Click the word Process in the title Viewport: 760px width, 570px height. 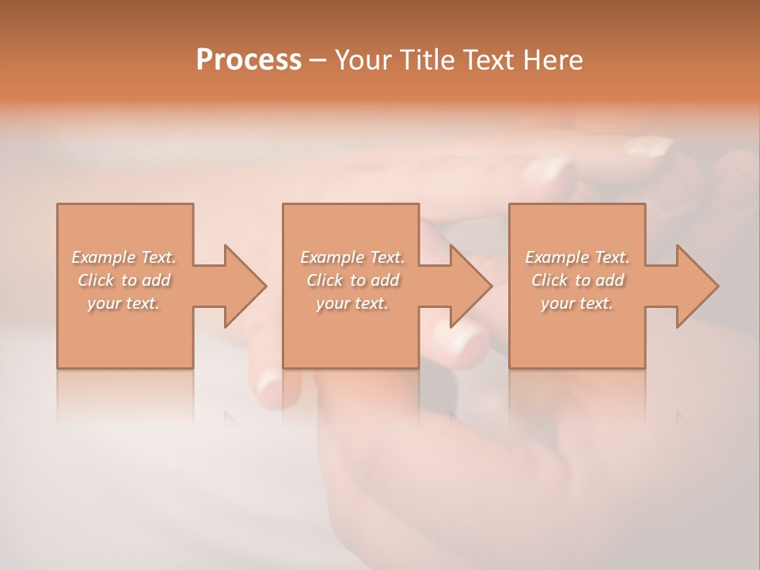[249, 60]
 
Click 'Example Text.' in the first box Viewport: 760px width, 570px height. [124, 257]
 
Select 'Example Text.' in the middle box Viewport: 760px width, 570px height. [352, 257]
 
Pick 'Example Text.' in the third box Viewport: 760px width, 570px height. [577, 257]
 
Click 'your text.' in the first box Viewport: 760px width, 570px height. [124, 303]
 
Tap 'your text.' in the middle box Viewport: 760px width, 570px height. [352, 303]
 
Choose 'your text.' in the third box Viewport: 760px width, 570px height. [577, 303]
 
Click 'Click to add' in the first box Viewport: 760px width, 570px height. [124, 280]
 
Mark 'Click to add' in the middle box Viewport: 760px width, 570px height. [352, 280]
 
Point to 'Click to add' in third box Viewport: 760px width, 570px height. [577, 280]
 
